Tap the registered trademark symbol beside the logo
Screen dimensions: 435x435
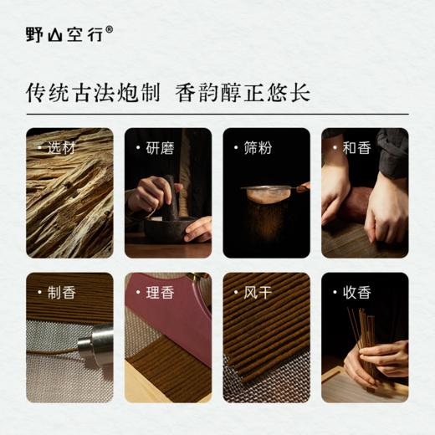[x=110, y=28]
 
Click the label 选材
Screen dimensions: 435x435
[x=61, y=148]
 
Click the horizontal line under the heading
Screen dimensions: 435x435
[x=217, y=113]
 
